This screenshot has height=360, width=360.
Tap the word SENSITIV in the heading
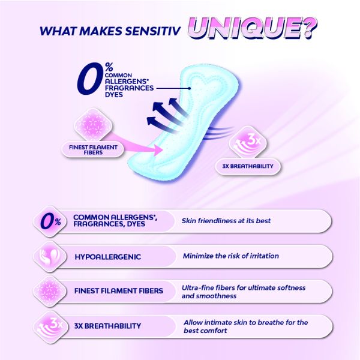(x=152, y=31)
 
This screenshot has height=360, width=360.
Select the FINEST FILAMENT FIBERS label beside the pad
(x=93, y=150)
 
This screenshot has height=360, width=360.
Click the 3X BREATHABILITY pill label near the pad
(x=248, y=166)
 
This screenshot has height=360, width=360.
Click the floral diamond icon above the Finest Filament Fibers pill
(x=93, y=126)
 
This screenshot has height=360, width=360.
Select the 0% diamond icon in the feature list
(x=50, y=221)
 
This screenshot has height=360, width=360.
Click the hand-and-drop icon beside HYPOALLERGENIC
(x=50, y=256)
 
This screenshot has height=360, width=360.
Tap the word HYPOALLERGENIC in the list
(x=107, y=257)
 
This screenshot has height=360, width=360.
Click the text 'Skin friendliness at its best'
(x=226, y=221)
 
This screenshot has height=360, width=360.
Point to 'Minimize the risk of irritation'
(x=231, y=256)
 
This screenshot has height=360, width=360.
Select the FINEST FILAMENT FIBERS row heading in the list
(x=119, y=291)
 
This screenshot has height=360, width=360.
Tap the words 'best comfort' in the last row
(x=205, y=331)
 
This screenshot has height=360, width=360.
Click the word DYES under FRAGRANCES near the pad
(x=114, y=95)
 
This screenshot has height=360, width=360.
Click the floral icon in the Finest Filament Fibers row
(x=50, y=292)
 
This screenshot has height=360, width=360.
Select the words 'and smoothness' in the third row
(x=209, y=296)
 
